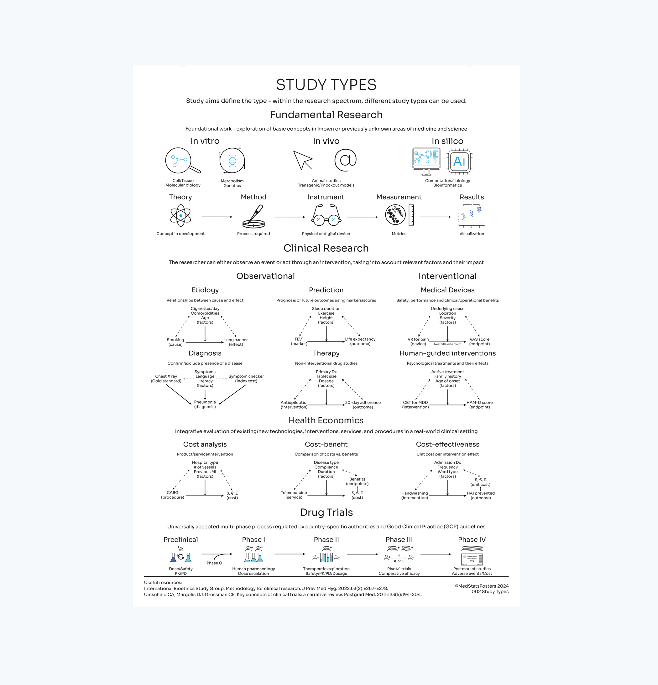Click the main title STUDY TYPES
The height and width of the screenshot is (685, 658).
coord(326,85)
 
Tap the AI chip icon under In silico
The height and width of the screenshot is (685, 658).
coord(459,162)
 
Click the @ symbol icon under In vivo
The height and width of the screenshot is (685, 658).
coord(345,160)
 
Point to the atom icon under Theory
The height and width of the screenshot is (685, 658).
coord(180,216)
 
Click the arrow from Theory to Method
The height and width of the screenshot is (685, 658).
coord(217,217)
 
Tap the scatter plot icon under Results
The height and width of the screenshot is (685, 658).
coord(472,216)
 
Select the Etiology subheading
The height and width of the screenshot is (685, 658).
coord(205,290)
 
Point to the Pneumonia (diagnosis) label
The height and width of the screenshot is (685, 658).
coord(205,404)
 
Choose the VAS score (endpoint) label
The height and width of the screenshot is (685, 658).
coord(479,342)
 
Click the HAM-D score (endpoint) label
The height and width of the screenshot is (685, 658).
coord(479,405)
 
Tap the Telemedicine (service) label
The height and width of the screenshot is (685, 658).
coord(294,495)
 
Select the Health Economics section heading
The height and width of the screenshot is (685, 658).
coord(326,420)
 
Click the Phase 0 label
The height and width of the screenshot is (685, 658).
coord(214,563)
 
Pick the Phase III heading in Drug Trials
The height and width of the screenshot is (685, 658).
coord(399,540)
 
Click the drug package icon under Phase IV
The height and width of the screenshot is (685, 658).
coord(472,559)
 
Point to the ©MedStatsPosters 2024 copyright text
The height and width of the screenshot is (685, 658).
coord(482,586)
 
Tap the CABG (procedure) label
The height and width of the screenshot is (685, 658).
coord(172,495)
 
